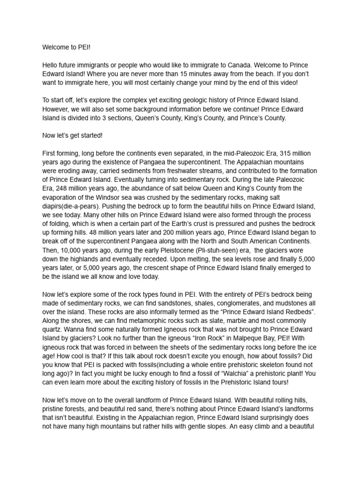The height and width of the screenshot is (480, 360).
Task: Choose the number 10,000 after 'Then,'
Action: click(71, 251)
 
